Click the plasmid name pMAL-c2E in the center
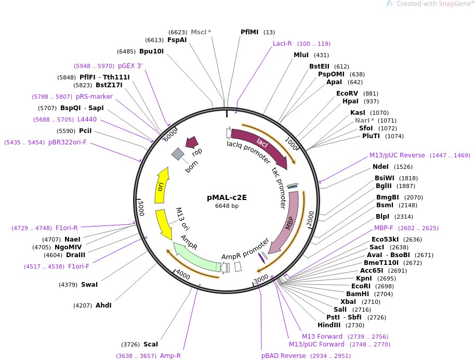(227, 197)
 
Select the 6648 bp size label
(227, 206)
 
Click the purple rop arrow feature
(192, 142)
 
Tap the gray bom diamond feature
(178, 154)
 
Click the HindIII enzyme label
(328, 325)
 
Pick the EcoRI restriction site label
(361, 286)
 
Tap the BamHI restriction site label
(358, 294)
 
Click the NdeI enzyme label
(380, 167)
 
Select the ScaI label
(151, 344)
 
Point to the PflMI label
(249, 32)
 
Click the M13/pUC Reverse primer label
(397, 155)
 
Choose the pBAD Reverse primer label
(284, 356)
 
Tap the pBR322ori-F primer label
(67, 142)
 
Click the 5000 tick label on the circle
(141, 208)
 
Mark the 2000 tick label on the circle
(310, 219)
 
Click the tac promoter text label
(279, 188)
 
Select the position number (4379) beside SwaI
(68, 285)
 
